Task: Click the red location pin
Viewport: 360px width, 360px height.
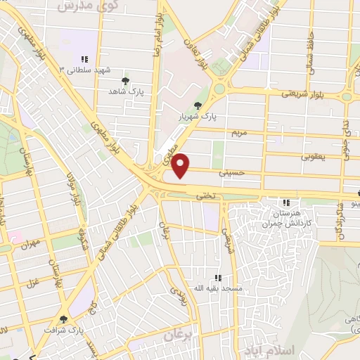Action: (x=181, y=165)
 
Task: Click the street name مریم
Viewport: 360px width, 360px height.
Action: (x=240, y=132)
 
